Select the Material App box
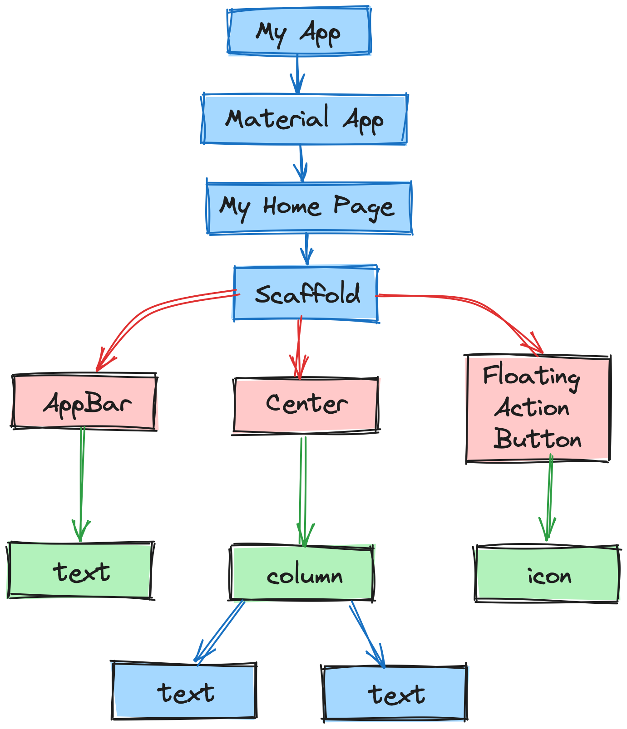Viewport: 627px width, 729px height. [304, 119]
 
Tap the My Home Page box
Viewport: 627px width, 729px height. [309, 208]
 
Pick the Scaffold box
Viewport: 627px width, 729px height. [306, 294]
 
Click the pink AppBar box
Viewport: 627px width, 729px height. [84, 402]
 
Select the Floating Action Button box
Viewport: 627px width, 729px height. [538, 408]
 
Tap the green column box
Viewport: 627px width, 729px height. [303, 573]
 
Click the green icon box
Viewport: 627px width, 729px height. [547, 575]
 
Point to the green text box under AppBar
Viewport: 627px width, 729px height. [80, 571]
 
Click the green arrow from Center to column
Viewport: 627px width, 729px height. [303, 490]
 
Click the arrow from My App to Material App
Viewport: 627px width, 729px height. [297, 73]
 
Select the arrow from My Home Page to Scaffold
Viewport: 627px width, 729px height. [307, 249]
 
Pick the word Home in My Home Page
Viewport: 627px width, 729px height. [292, 207]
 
